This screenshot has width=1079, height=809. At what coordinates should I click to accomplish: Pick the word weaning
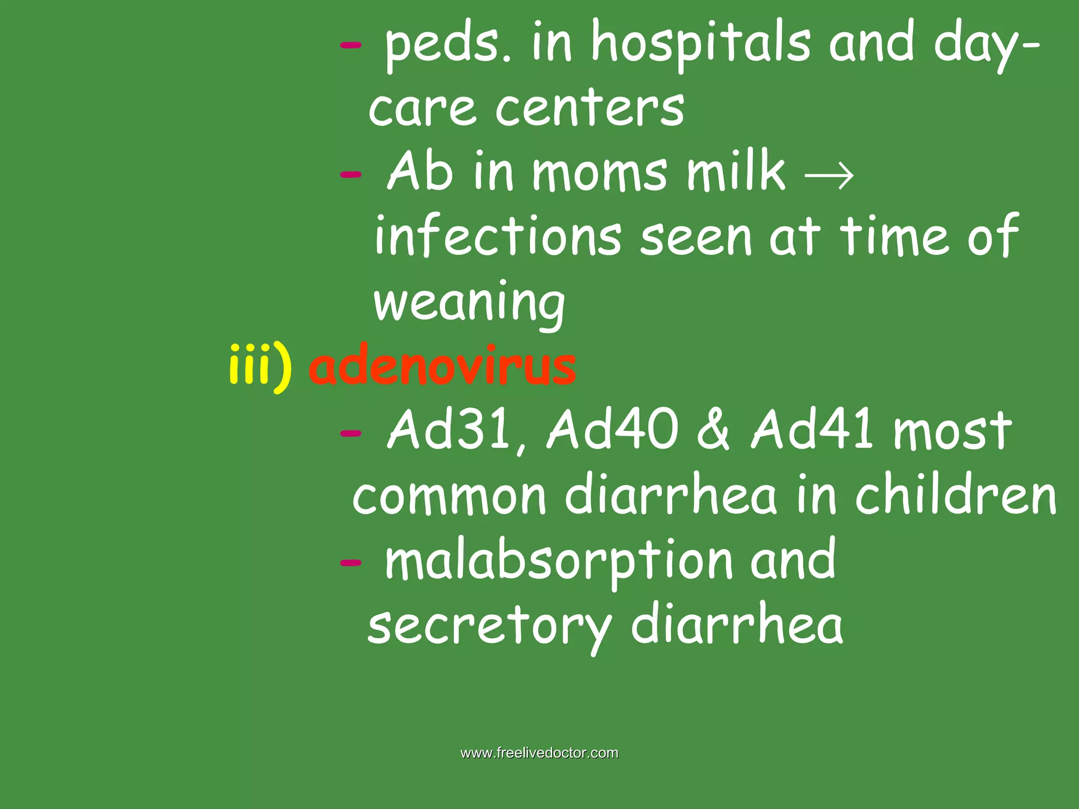pyautogui.click(x=469, y=303)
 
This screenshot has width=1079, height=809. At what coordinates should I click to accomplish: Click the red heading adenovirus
pyautogui.click(x=443, y=366)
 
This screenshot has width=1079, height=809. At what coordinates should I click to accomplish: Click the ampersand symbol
pyautogui.click(x=713, y=431)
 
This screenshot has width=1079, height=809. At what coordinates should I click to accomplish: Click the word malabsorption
pyautogui.click(x=559, y=561)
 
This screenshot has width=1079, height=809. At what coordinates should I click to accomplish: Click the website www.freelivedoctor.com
pyautogui.click(x=539, y=753)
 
